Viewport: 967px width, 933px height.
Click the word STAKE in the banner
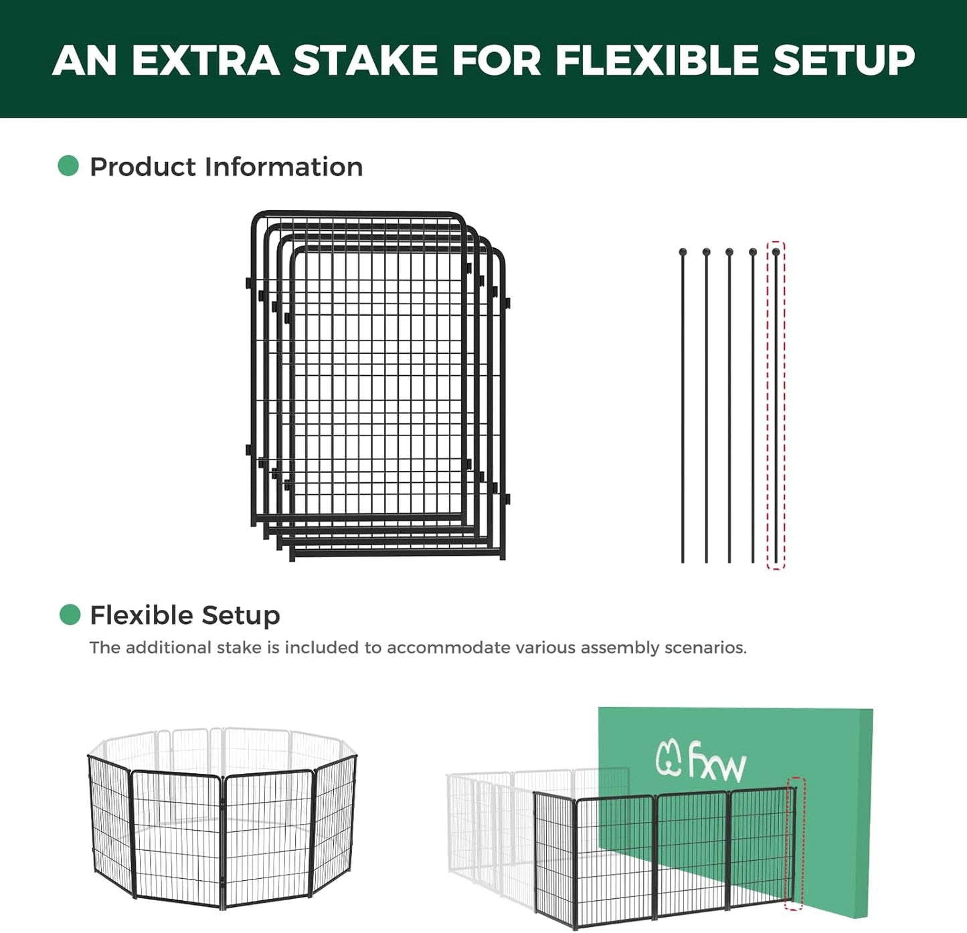[x=365, y=60]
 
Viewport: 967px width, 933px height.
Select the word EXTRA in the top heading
[x=205, y=60]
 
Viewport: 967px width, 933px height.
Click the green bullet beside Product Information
[x=68, y=166]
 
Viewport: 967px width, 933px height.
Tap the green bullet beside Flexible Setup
[x=70, y=614]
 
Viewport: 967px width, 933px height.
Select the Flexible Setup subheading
[x=185, y=615]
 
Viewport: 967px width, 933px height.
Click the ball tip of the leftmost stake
[x=683, y=252]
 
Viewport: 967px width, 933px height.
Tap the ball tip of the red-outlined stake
[x=776, y=252]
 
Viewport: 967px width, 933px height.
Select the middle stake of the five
[x=729, y=408]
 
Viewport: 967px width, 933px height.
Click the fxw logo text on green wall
[x=717, y=762]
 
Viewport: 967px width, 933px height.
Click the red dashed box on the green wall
[x=795, y=843]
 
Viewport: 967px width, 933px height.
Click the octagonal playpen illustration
[x=222, y=819]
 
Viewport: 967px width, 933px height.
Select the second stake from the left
[x=706, y=408]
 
